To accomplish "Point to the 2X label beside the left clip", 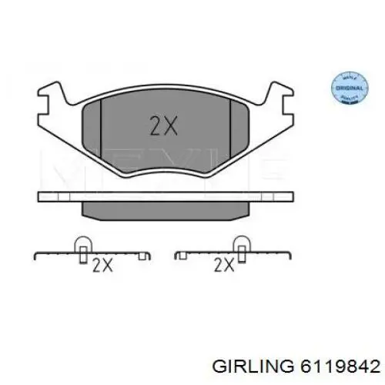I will pyautogui.click(x=102, y=266).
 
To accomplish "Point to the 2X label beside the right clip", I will pyautogui.click(x=223, y=266).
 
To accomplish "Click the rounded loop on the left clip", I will pyautogui.click(x=82, y=244).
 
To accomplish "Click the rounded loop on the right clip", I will pyautogui.click(x=241, y=244).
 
